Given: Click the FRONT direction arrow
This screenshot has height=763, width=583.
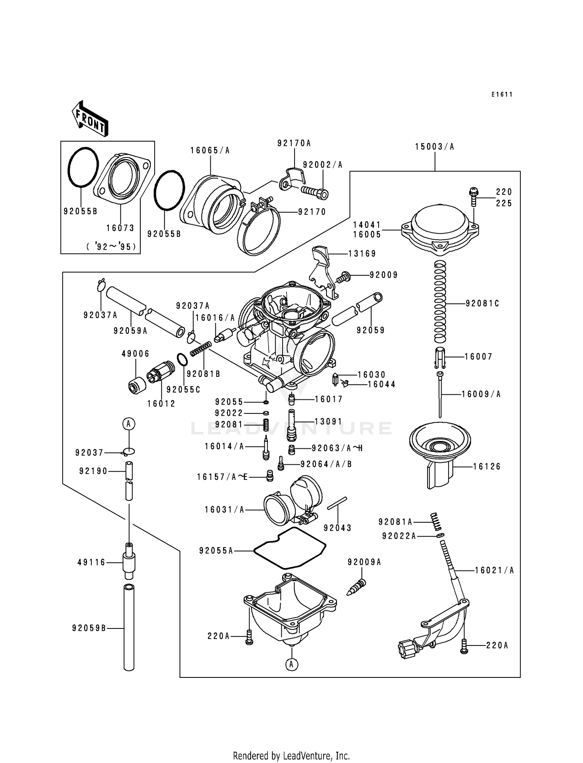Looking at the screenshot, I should (90, 119).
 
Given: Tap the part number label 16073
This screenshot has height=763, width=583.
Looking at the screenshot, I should (120, 228).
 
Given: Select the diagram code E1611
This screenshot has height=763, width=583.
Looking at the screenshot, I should (502, 94).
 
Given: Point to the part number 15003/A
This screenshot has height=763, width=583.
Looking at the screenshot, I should (435, 147).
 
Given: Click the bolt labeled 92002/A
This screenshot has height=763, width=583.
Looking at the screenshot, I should (314, 192).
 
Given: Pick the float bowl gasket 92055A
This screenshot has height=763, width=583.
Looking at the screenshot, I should (290, 549).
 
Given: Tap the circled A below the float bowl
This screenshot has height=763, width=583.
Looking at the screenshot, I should (291, 665).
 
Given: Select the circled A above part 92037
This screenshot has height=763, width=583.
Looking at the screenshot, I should (129, 423).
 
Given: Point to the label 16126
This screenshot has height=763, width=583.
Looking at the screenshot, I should (487, 466).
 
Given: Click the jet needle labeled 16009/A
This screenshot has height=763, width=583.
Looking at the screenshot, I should (440, 395).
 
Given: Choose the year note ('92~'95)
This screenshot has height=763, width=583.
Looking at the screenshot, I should (113, 247).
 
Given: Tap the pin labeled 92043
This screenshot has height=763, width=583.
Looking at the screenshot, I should (337, 503).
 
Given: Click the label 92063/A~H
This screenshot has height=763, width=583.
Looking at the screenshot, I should (337, 448).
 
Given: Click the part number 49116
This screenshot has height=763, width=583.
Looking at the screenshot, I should (92, 562).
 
